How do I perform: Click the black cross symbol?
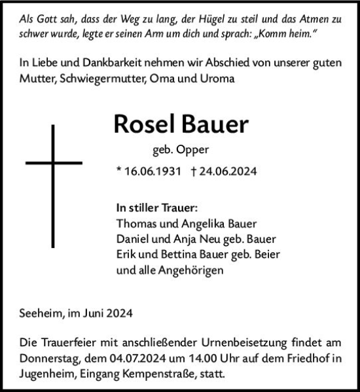tap(53, 162)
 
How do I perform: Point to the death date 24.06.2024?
tap(226, 172)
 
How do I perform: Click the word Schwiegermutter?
tap(104, 79)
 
